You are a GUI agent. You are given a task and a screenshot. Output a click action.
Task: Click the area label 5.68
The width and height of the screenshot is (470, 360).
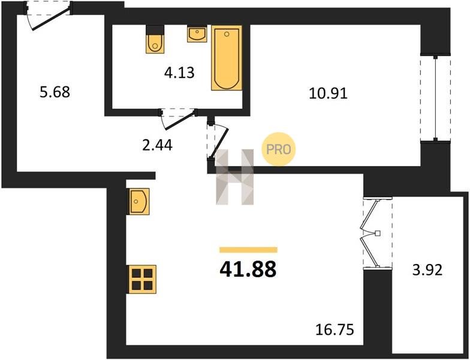tap(55, 92)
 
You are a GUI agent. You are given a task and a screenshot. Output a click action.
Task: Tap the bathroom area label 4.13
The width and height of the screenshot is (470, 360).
tap(179, 73)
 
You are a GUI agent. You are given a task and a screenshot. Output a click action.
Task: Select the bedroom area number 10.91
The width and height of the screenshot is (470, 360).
tap(328, 94)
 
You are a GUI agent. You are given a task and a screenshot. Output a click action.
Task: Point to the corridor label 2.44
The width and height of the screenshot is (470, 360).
tap(157, 145)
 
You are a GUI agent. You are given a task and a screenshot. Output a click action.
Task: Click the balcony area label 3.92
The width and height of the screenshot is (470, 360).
tap(427, 270)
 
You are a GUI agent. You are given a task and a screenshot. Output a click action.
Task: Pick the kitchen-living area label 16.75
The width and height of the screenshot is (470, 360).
tap(335, 330)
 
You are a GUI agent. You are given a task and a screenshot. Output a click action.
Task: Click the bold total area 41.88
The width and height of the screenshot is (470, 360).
tap(248, 269)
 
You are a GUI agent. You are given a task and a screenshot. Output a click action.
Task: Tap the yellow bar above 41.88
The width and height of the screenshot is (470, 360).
tap(248, 250)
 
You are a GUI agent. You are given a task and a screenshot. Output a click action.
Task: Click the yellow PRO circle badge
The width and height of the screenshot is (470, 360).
tap(278, 149)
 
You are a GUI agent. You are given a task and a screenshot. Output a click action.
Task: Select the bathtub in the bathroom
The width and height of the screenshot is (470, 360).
tap(227, 58)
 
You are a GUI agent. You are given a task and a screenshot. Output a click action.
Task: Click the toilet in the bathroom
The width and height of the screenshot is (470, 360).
tap(155, 40)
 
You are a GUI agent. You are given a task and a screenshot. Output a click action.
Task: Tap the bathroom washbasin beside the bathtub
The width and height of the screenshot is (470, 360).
tap(197, 34)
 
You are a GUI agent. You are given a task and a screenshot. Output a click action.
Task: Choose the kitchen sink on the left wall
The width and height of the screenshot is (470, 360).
tap(139, 202)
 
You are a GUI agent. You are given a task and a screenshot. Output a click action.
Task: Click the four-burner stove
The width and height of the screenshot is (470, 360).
tap(142, 280)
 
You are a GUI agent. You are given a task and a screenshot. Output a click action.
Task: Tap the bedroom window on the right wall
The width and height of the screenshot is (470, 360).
tap(435, 98)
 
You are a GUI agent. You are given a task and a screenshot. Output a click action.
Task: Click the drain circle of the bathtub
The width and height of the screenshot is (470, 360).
tap(227, 34)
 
